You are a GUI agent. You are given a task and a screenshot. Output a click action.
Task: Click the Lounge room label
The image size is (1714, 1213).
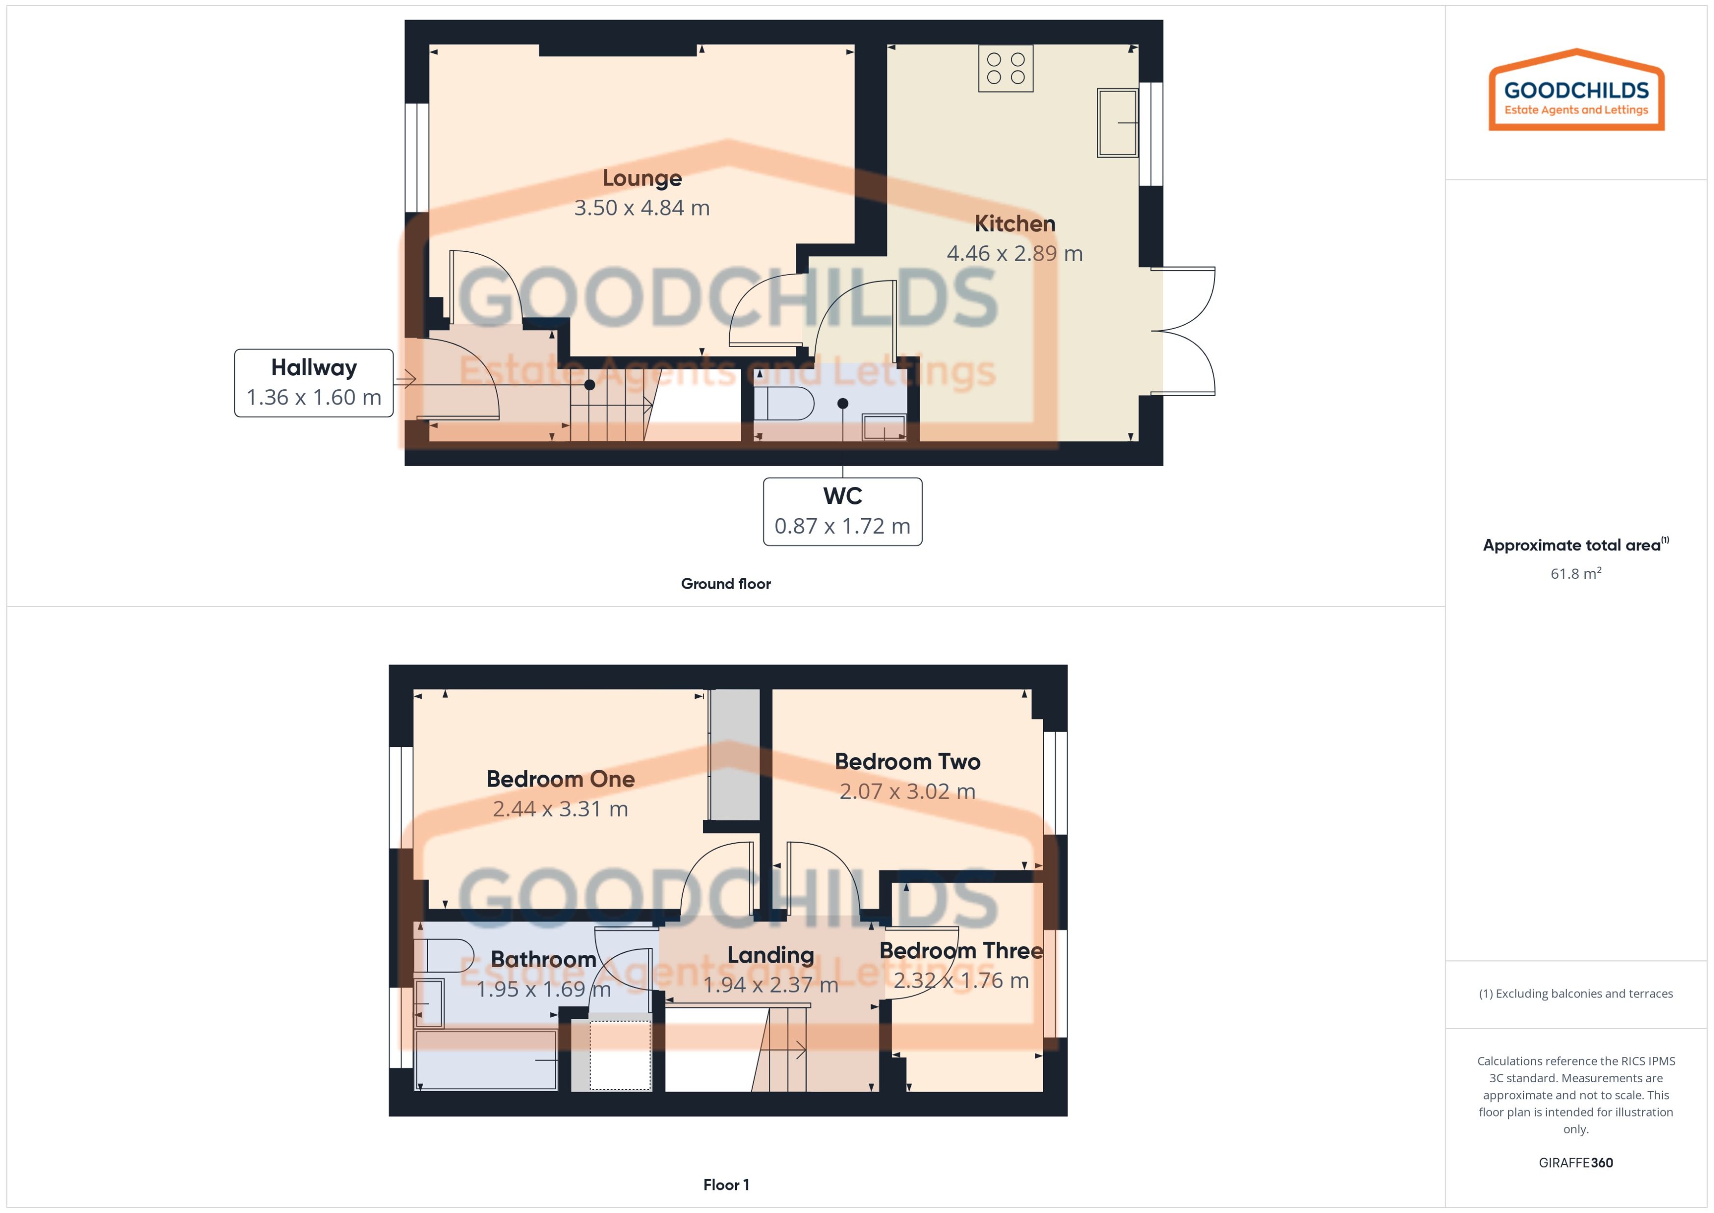(x=642, y=178)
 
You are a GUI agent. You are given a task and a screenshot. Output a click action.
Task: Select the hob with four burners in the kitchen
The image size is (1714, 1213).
(x=1005, y=68)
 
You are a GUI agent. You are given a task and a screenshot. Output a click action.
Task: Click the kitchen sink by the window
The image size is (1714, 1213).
(x=1117, y=122)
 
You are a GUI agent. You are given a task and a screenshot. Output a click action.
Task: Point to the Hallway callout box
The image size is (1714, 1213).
(x=314, y=382)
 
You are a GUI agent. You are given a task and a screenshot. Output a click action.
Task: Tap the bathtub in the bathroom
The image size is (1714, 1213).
(x=485, y=1059)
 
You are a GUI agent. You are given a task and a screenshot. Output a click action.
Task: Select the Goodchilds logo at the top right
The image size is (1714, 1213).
(x=1576, y=91)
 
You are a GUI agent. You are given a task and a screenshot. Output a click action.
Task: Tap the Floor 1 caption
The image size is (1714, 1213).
(x=725, y=1185)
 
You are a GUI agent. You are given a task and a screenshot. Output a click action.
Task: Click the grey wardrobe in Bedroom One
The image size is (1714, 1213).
(x=734, y=754)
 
